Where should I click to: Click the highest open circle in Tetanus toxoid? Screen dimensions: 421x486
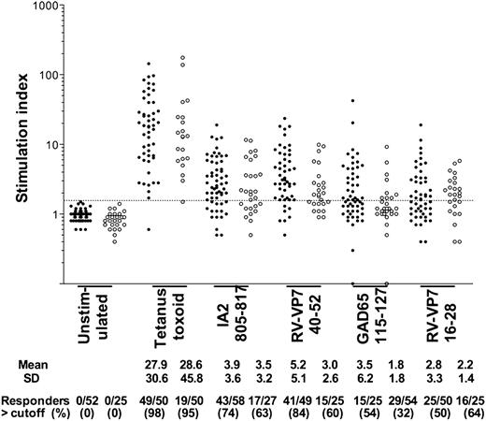pos(183,58)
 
